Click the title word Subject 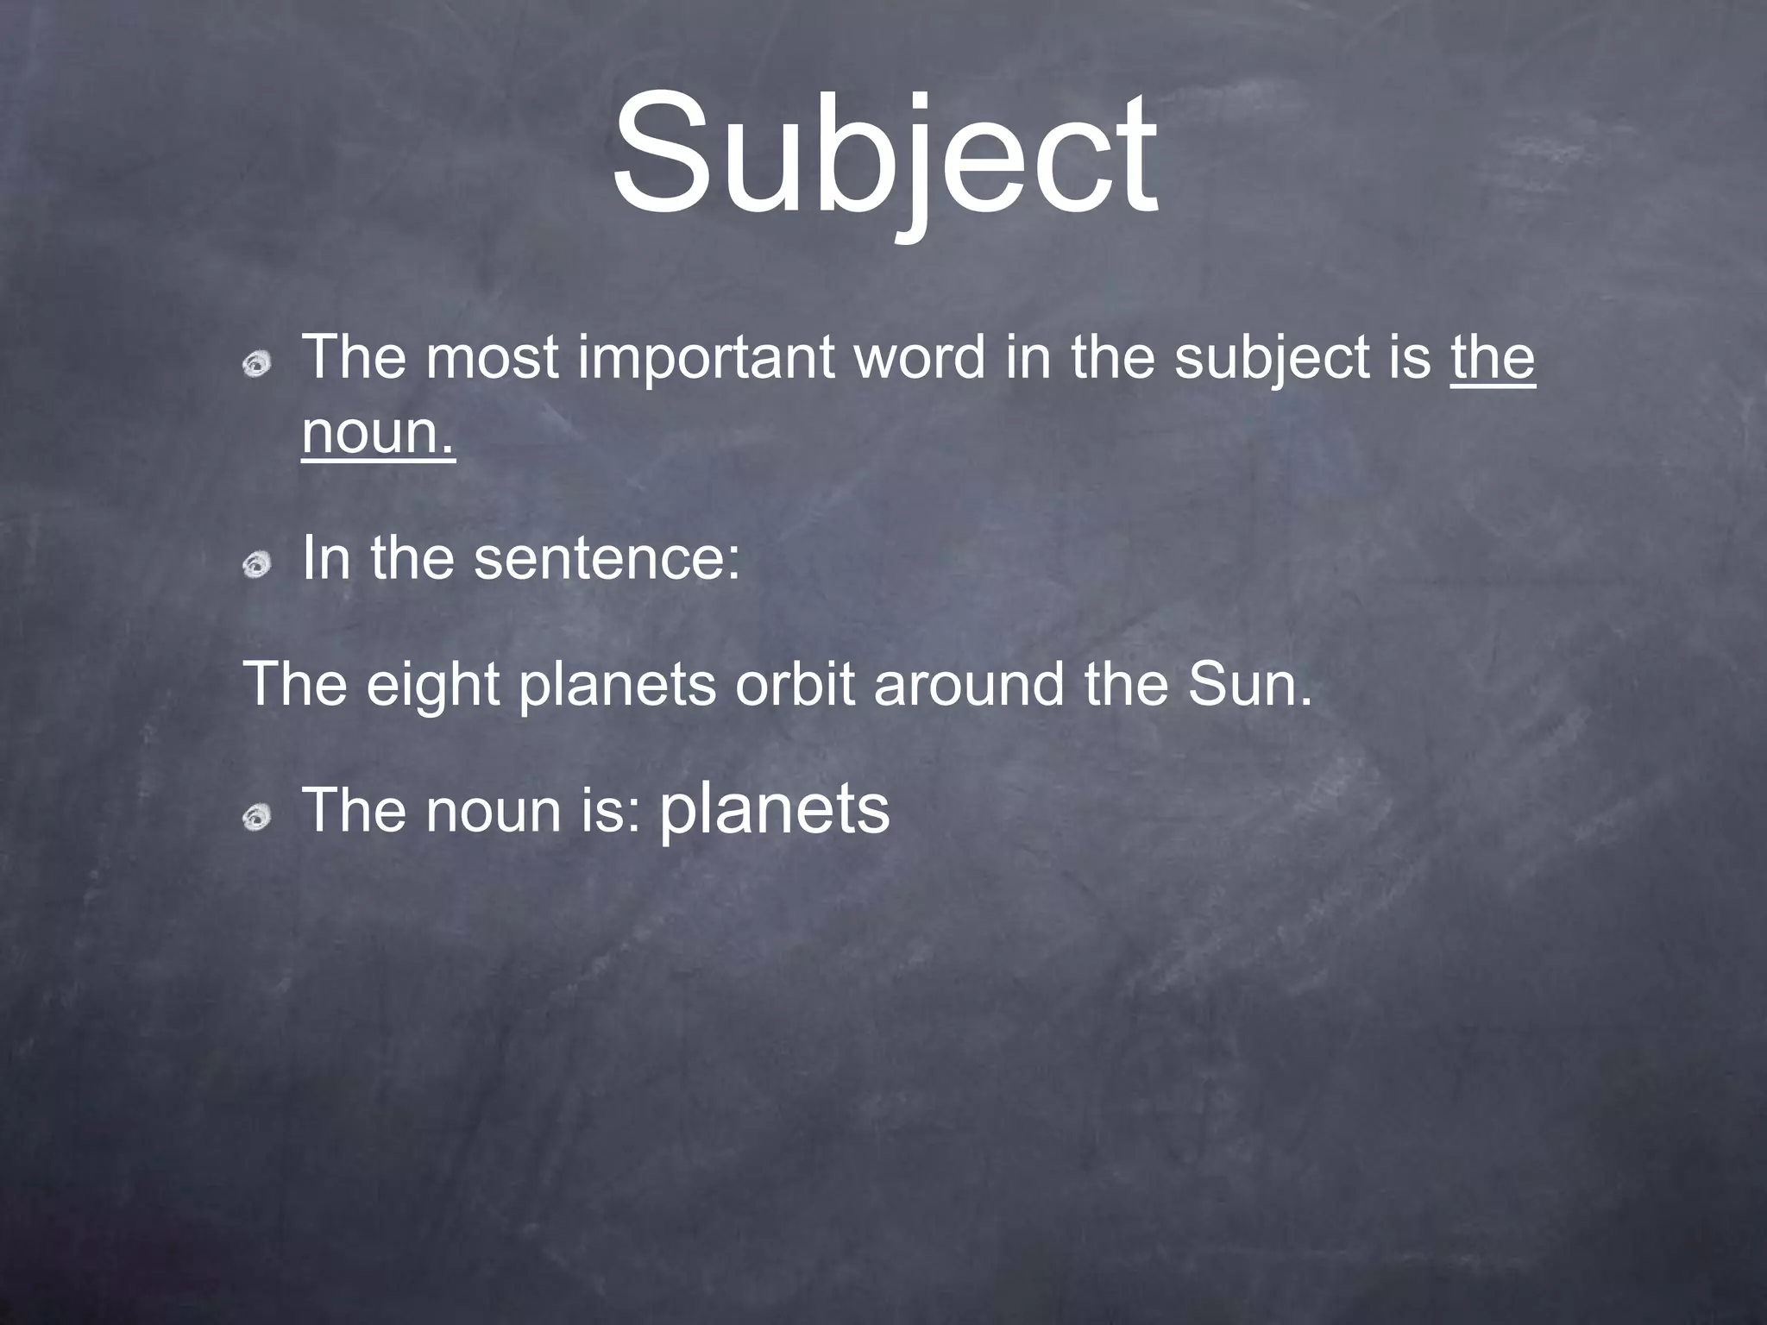point(884,155)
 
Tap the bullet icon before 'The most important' point(256,366)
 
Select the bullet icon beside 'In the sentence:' point(256,566)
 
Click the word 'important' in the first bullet point(706,359)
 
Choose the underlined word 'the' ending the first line point(1493,357)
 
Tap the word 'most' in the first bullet point(492,359)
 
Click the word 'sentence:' point(607,559)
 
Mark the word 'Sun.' point(1248,684)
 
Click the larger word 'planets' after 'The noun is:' point(774,810)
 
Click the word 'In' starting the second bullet point(326,559)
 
